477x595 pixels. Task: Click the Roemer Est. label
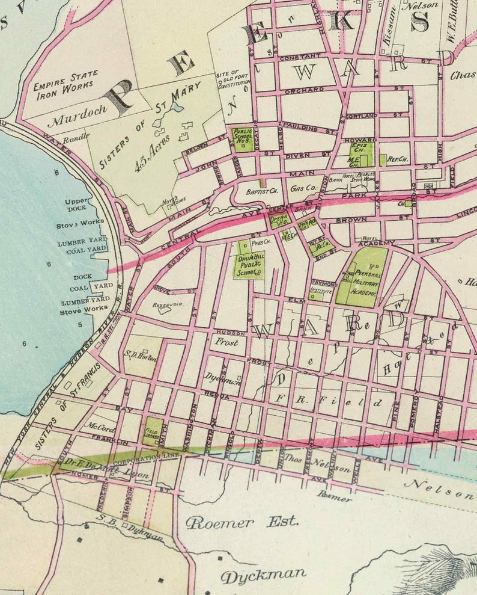242,522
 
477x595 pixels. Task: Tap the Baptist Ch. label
260,193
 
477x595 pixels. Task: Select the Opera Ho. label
279,220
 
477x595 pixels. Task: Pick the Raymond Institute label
323,286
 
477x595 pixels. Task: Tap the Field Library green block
151,431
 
